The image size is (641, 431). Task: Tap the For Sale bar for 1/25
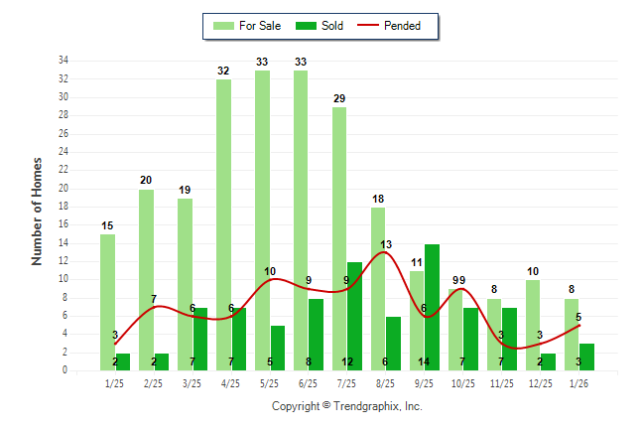pos(107,302)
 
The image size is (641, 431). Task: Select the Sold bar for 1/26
pos(587,357)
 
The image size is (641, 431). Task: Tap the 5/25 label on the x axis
pos(269,382)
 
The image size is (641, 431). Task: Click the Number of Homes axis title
pos(38,211)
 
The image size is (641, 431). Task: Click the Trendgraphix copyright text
pos(346,406)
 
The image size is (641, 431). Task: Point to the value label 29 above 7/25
pos(339,98)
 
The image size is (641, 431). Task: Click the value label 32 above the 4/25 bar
pos(223,71)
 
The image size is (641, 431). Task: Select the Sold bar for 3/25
pos(200,339)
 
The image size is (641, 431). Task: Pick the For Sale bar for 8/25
pos(378,288)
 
